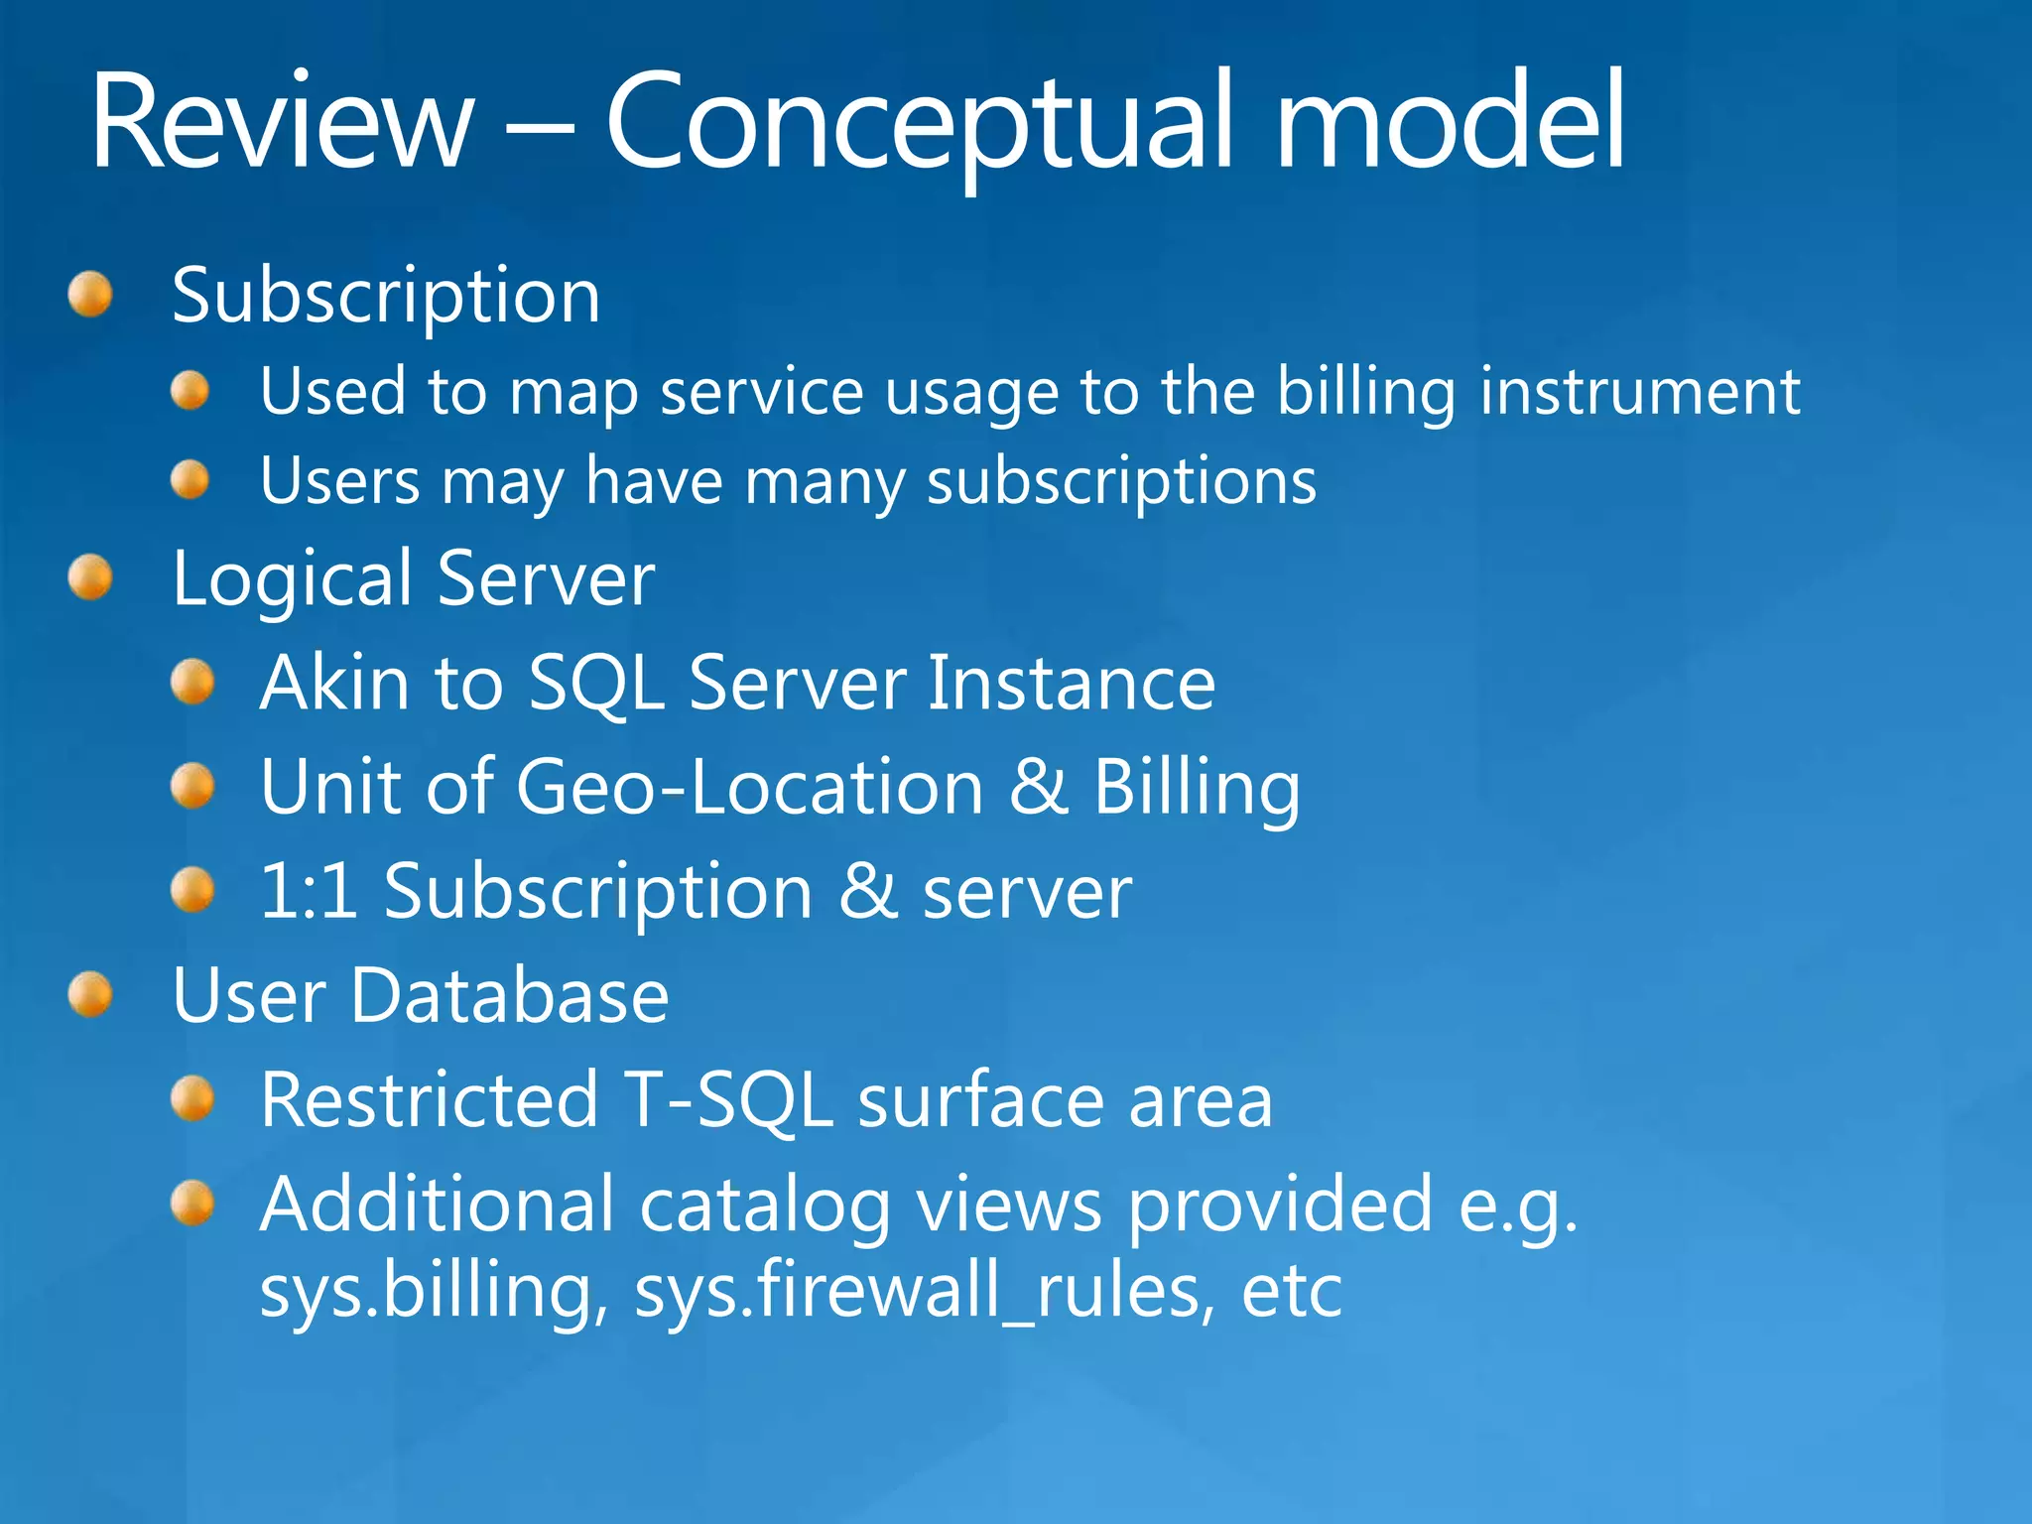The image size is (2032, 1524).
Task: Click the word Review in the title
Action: [282, 121]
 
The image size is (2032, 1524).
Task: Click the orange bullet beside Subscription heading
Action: [90, 295]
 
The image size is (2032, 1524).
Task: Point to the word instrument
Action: [1639, 391]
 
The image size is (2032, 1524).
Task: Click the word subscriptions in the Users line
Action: [1121, 482]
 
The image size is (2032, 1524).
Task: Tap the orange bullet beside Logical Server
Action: [90, 576]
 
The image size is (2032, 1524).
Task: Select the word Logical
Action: [292, 579]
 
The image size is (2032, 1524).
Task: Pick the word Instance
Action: [1071, 683]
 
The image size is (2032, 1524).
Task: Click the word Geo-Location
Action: [750, 787]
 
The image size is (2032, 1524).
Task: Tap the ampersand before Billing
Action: [1039, 787]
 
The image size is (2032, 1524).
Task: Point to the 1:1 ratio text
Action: [309, 890]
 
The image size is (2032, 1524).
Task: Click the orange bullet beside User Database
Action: [90, 994]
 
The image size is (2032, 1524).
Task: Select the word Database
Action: [510, 995]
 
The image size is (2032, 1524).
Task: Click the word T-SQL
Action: [728, 1099]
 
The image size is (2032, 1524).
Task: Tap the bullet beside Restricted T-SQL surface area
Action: [191, 1098]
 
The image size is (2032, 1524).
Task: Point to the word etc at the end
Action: [1291, 1292]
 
